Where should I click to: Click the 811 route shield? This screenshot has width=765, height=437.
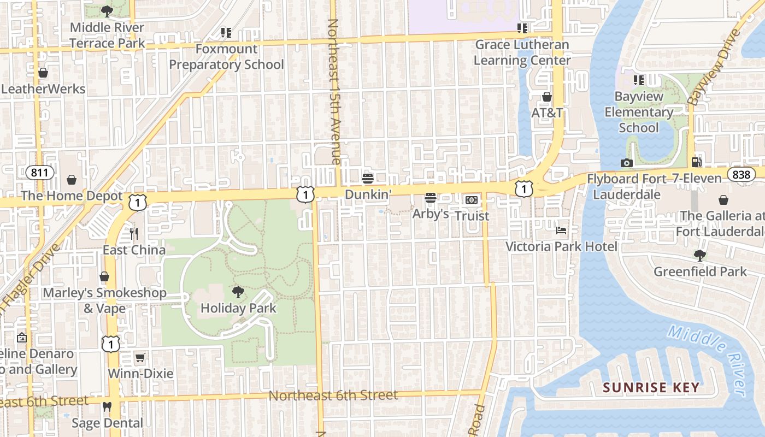[39, 173]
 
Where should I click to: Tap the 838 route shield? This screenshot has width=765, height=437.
[742, 174]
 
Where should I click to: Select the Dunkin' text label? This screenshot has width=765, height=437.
[368, 194]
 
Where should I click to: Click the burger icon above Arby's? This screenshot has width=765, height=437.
[431, 198]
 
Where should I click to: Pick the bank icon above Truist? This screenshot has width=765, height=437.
[472, 200]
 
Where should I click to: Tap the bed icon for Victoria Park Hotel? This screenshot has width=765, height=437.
[561, 231]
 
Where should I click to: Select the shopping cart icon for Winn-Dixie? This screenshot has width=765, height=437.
[140, 358]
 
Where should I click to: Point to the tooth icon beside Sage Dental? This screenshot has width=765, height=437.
[107, 407]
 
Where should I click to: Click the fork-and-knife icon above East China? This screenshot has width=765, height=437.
[134, 234]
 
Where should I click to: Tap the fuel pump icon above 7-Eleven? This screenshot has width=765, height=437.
[696, 162]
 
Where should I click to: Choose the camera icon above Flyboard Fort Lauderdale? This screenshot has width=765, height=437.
[626, 163]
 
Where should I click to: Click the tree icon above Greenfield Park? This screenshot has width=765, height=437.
[699, 255]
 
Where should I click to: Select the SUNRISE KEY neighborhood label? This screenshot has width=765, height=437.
[651, 388]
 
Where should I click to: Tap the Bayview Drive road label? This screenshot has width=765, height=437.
[714, 67]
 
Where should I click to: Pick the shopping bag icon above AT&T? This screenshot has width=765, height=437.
[547, 97]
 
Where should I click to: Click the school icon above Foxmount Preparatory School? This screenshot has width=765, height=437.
[226, 33]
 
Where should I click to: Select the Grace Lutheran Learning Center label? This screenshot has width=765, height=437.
[522, 52]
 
